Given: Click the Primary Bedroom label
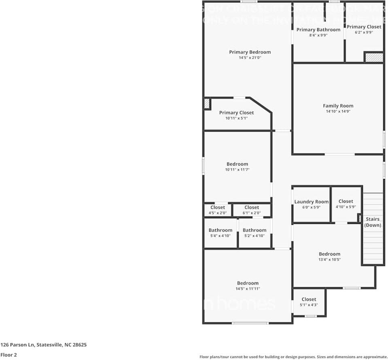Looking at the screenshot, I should pos(250,52).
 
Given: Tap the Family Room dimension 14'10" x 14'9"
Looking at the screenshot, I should pos(338,111).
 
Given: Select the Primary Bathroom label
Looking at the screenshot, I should pos(318,30).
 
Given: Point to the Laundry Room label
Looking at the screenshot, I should pos(311,202).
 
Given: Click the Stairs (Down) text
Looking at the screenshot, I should pos(373,222).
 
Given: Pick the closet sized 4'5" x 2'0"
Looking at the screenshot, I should pos(218,210).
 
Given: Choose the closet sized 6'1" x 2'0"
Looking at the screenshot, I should pos(252,210).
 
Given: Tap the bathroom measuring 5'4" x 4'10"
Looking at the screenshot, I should pos(221,232).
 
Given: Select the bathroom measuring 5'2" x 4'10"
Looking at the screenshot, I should pos(254,232).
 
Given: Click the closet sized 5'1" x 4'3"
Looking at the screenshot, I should pos(309,302).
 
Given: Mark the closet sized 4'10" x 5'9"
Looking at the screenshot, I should pos(346,204).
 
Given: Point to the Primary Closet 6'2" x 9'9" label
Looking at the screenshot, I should pos(364,29).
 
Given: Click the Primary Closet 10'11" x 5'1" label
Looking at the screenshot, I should pos(236,115).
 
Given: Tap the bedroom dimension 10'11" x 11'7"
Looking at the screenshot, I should pos(237,170).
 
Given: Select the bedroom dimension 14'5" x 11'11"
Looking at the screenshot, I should pos(248,289).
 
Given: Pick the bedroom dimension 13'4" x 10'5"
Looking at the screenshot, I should pos(329,260).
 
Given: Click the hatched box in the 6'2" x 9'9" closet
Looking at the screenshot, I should pos(374,58).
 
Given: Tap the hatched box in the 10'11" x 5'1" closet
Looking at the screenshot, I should pos(207,104).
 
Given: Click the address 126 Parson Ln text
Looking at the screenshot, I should pos(43,345).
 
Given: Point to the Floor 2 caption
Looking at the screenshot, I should pos(8,355).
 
